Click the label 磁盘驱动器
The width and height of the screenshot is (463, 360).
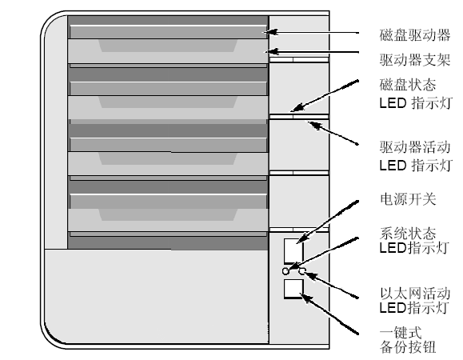point(415,35)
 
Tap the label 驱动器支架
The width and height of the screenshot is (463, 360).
point(415,60)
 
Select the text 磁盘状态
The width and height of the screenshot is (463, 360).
point(408,85)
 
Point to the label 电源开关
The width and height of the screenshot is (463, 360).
point(408,199)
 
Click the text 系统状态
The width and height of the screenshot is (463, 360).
point(408,234)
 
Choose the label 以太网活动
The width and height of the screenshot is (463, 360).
point(415,294)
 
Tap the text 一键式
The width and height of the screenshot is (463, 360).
point(401,333)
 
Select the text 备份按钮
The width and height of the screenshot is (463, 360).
point(408,347)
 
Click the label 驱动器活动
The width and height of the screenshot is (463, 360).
point(415,147)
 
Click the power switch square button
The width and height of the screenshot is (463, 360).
point(293,250)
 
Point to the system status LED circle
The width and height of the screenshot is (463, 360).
point(285,271)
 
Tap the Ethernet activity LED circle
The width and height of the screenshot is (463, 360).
point(301,271)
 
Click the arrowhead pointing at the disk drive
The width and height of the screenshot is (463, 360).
point(271,32)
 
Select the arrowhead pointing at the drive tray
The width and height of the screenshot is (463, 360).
point(272,52)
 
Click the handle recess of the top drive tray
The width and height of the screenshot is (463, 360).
point(168,46)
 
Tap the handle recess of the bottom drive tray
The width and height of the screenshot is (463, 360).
point(168,214)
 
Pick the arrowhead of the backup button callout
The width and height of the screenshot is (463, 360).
point(306,298)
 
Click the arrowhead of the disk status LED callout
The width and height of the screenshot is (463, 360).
point(297,107)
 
